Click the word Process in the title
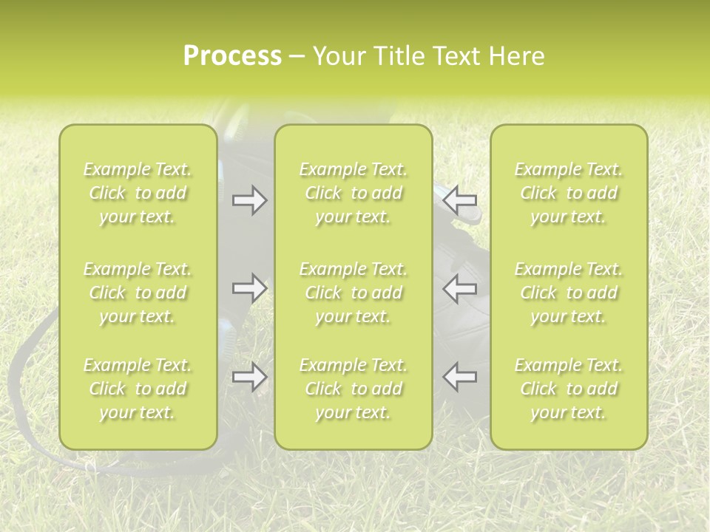pos(232,56)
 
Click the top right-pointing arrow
pos(249,200)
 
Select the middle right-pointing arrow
pos(249,287)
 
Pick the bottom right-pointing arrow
pos(249,377)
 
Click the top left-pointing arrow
pos(460,200)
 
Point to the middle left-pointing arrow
pos(460,287)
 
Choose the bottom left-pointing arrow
pos(460,377)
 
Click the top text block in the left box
pos(138,193)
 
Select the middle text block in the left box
pos(138,293)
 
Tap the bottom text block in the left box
pos(138,389)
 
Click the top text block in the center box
pos(353,193)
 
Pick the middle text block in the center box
pos(353,293)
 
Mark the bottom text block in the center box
pos(353,389)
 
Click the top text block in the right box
pos(568,193)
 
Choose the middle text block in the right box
pos(568,293)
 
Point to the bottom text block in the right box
pos(568,389)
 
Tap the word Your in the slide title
pos(339,56)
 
